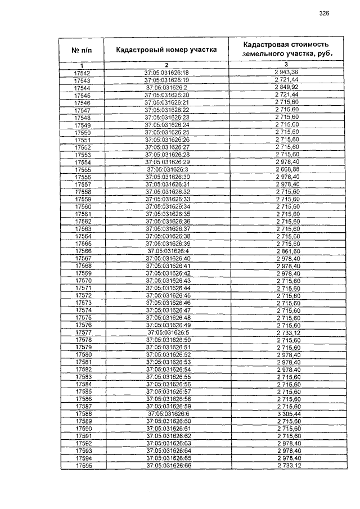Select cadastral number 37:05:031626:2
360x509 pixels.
coord(166,88)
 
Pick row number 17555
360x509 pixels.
coord(82,169)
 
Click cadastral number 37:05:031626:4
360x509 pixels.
coord(166,250)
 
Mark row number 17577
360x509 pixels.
coord(83,332)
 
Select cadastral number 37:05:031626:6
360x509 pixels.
coord(166,413)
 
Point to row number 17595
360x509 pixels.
coord(83,465)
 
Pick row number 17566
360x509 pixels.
coord(82,250)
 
